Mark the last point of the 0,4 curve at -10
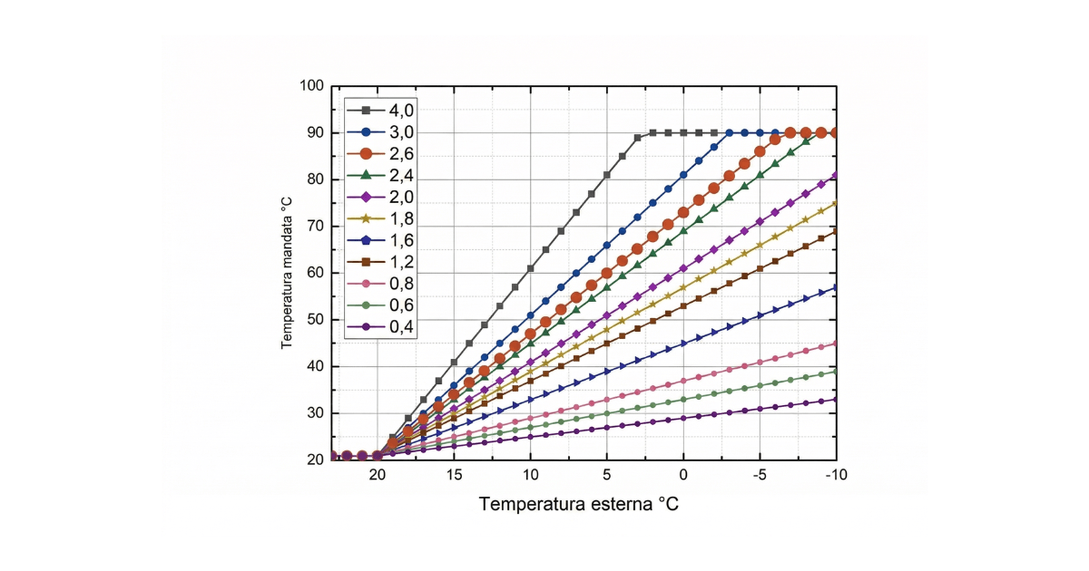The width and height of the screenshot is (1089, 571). click(x=836, y=400)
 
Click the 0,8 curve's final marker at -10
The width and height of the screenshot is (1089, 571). click(x=836, y=344)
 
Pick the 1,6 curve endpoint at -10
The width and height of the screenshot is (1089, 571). click(x=836, y=287)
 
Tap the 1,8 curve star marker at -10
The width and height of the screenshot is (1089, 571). click(x=836, y=203)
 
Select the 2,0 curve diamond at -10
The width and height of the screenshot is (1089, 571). click(x=836, y=175)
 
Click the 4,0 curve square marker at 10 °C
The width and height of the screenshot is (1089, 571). click(x=530, y=268)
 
